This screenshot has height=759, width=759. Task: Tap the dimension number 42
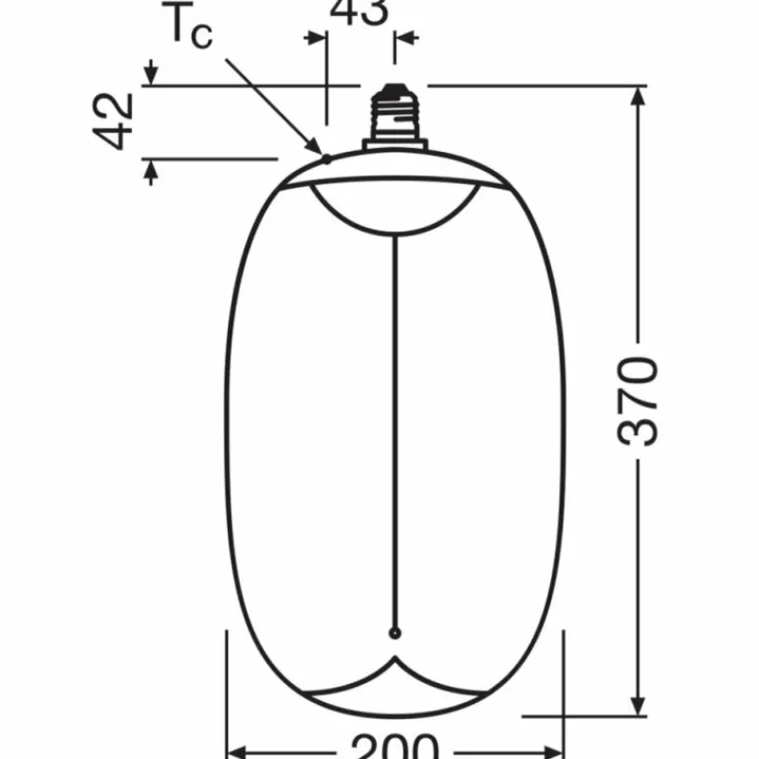pyautogui.click(x=115, y=121)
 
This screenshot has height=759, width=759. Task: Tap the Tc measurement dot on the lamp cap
pyautogui.click(x=325, y=157)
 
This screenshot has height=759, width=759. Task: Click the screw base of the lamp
pyautogui.click(x=393, y=114)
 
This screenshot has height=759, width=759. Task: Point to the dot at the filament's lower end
pyautogui.click(x=395, y=633)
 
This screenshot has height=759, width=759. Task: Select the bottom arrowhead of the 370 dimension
pyautogui.click(x=639, y=704)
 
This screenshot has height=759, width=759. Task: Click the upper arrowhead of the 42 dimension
pyautogui.click(x=150, y=72)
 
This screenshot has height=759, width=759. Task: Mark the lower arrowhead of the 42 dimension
pyautogui.click(x=150, y=171)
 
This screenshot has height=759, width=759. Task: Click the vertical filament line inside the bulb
pyautogui.click(x=395, y=427)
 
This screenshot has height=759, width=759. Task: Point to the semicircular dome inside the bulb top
pyautogui.click(x=394, y=211)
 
